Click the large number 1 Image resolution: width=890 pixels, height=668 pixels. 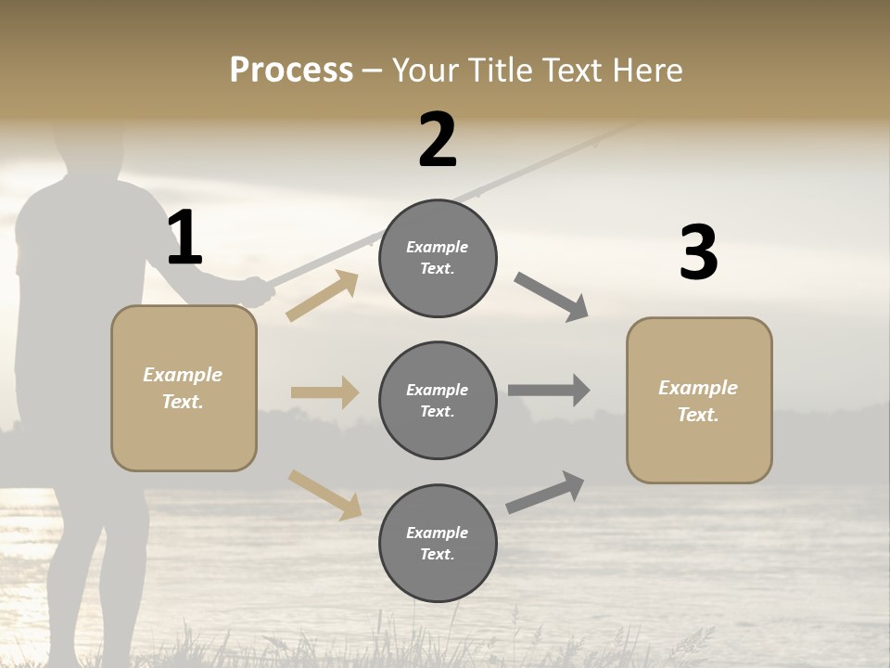tap(184, 238)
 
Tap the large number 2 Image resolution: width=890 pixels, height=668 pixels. tap(438, 140)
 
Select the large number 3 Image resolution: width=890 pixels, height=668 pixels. tap(698, 252)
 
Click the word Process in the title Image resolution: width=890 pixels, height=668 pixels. tap(291, 70)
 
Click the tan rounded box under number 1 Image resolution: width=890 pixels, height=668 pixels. tap(184, 388)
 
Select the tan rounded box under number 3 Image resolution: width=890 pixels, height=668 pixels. tap(699, 401)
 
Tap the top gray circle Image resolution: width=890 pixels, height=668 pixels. tap(438, 258)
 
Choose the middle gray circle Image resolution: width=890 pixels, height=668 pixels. tap(438, 400)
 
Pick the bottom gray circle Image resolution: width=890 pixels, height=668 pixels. tap(438, 543)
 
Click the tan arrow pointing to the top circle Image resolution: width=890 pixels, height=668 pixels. tap(323, 296)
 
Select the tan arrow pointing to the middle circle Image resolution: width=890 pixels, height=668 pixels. tap(324, 392)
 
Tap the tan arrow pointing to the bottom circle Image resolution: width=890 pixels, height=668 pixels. tap(324, 495)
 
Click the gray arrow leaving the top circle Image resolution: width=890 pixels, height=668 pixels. tap(552, 297)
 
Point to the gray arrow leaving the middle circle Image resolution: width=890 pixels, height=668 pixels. tap(549, 391)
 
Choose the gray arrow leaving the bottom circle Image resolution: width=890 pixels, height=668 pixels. tap(545, 493)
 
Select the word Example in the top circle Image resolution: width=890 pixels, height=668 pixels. tap(438, 247)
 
